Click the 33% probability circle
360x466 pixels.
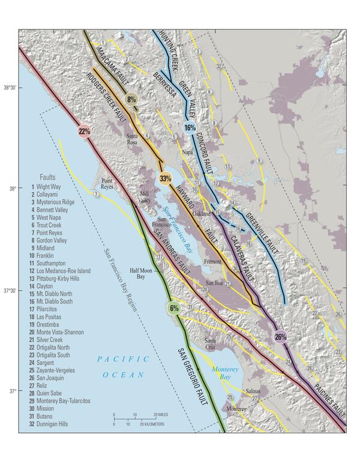[166, 178]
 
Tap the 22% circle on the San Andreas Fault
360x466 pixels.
[83, 132]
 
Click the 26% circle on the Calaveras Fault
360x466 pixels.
[280, 336]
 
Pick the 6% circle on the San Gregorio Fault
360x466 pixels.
[174, 308]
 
